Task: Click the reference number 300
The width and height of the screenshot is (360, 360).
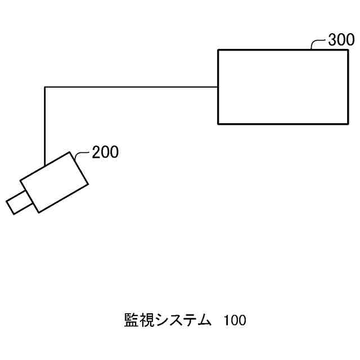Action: [341, 40]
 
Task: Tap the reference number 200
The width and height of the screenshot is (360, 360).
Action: [105, 152]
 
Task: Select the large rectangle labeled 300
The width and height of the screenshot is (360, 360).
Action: [282, 87]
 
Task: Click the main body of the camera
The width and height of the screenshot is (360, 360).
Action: [55, 182]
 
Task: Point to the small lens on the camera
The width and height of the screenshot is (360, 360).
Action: [17, 202]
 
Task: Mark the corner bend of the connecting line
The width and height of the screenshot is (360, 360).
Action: [45, 87]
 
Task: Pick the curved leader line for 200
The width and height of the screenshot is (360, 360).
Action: [82, 154]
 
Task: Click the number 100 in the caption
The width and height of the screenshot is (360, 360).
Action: [235, 321]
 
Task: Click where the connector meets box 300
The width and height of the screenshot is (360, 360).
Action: [218, 87]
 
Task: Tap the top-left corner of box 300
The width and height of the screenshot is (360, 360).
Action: [218, 49]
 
